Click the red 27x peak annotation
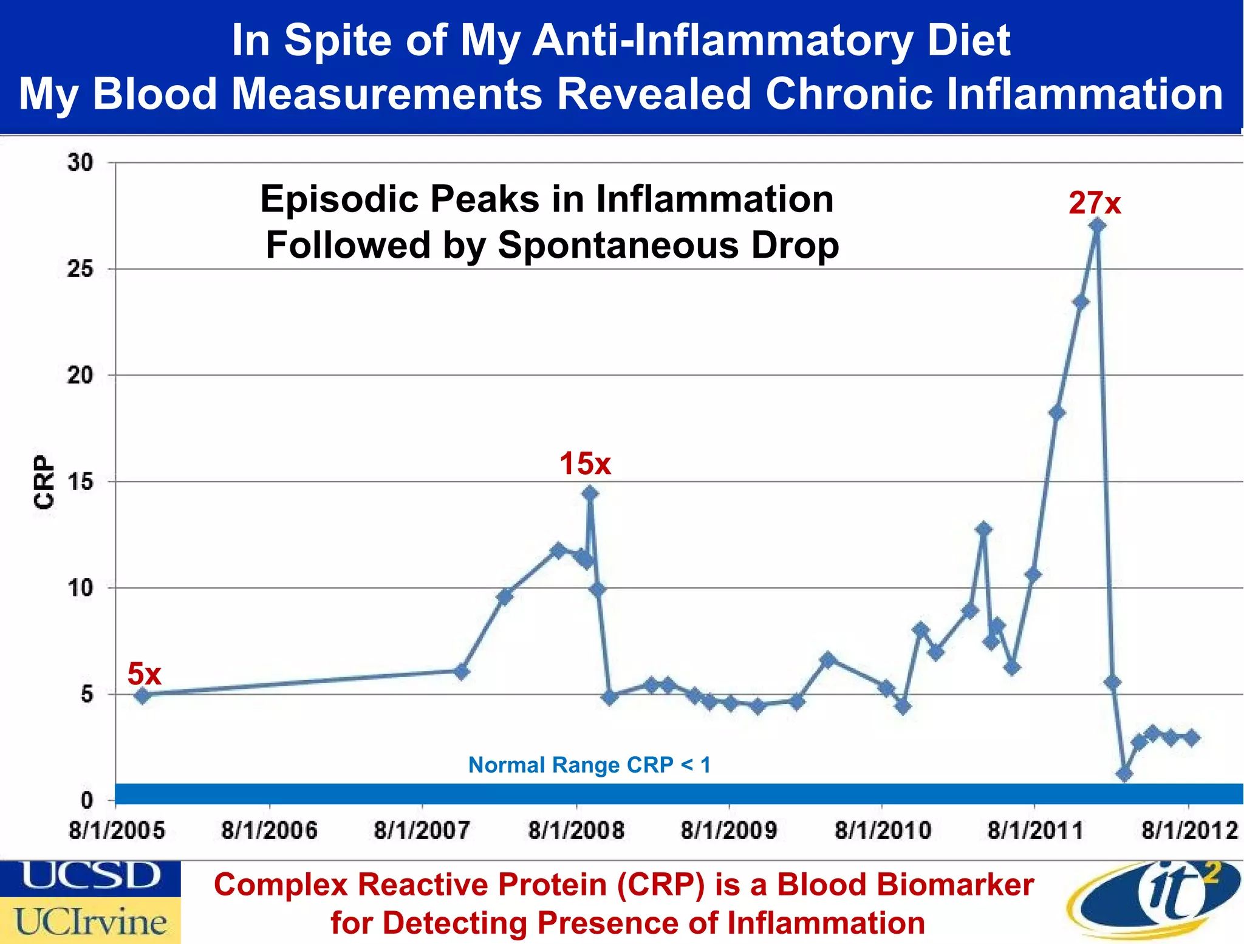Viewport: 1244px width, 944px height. coord(1095,203)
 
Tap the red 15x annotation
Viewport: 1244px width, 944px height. coord(585,464)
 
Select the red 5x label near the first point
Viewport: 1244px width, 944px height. coord(144,674)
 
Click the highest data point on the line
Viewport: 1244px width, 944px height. coord(1097,226)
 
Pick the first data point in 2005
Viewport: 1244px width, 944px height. coord(142,695)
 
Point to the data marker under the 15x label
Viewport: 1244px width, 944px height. coord(589,493)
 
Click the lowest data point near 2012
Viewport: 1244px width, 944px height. coord(1124,774)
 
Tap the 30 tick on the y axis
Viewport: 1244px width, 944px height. coord(80,163)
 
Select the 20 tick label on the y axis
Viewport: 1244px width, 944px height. coord(80,375)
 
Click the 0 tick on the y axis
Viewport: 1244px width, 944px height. coord(87,800)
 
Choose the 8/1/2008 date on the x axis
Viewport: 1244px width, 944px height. coord(576,830)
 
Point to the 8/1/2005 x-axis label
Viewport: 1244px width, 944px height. coord(117,830)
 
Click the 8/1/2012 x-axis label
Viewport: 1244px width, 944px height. coord(1189,830)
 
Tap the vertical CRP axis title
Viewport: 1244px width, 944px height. coord(44,481)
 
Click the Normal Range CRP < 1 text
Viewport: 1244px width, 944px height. coord(589,765)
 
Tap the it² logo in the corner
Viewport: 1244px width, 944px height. coord(1154,900)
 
